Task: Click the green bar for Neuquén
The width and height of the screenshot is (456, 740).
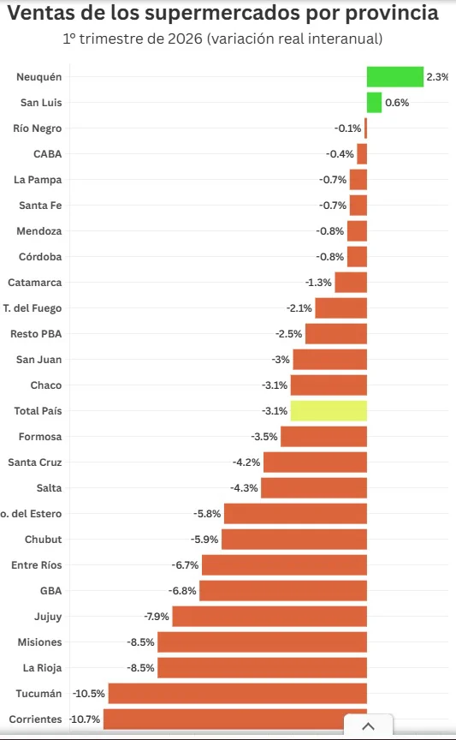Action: (x=395, y=77)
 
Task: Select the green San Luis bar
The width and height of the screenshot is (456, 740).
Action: (x=375, y=103)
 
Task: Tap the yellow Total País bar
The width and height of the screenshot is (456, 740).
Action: (x=329, y=410)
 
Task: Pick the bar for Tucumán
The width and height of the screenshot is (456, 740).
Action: (x=238, y=693)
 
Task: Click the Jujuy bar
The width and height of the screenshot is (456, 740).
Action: (x=269, y=617)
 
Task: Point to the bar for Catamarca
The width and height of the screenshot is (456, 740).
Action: (x=351, y=283)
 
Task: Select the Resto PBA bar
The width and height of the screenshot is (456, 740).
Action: (x=336, y=334)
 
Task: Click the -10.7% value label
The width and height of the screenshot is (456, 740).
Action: (x=85, y=719)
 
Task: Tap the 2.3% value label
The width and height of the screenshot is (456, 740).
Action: (x=437, y=77)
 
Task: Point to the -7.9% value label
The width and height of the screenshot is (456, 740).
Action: (x=156, y=617)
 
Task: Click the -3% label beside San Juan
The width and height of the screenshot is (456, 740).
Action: (x=281, y=360)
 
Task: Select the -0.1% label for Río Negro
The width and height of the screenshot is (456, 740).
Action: (x=348, y=128)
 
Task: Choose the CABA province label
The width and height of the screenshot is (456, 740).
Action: (x=47, y=154)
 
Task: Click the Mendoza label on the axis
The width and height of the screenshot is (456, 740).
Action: (x=39, y=231)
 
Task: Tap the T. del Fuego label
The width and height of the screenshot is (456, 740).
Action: (x=33, y=308)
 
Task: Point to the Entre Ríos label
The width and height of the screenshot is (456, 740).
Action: (x=36, y=565)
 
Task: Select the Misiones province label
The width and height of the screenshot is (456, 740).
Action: (x=39, y=642)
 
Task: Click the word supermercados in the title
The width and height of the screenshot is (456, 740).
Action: (x=222, y=14)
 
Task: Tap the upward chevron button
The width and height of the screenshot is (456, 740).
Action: (x=368, y=726)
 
